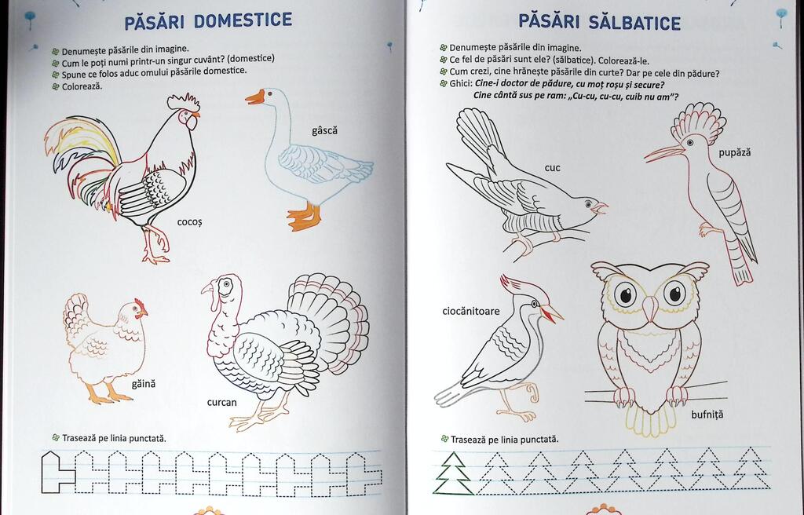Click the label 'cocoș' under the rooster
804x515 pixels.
[x=190, y=222]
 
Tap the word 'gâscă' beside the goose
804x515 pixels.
[x=324, y=130]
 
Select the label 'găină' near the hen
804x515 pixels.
[x=144, y=384]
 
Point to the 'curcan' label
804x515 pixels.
[x=222, y=402]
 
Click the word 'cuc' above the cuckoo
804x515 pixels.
[x=552, y=168]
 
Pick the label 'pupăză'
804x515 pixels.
[x=734, y=152]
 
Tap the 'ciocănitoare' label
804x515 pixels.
[x=471, y=311]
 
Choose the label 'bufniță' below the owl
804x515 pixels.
[x=707, y=415]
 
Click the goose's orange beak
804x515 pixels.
[x=255, y=97]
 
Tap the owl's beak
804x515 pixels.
[x=650, y=309]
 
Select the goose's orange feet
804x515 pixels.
[x=304, y=217]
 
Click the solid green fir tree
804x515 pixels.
[x=453, y=473]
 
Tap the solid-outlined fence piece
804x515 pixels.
[x=57, y=472]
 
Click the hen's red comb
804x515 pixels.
[x=141, y=306]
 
